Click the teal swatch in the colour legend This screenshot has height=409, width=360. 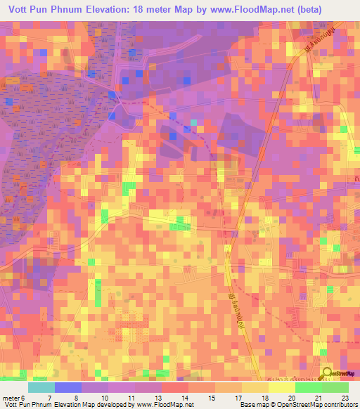[x=41, y=387]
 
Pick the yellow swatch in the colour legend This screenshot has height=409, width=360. [x=282, y=387]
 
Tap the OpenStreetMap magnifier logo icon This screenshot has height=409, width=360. [x=328, y=373]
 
